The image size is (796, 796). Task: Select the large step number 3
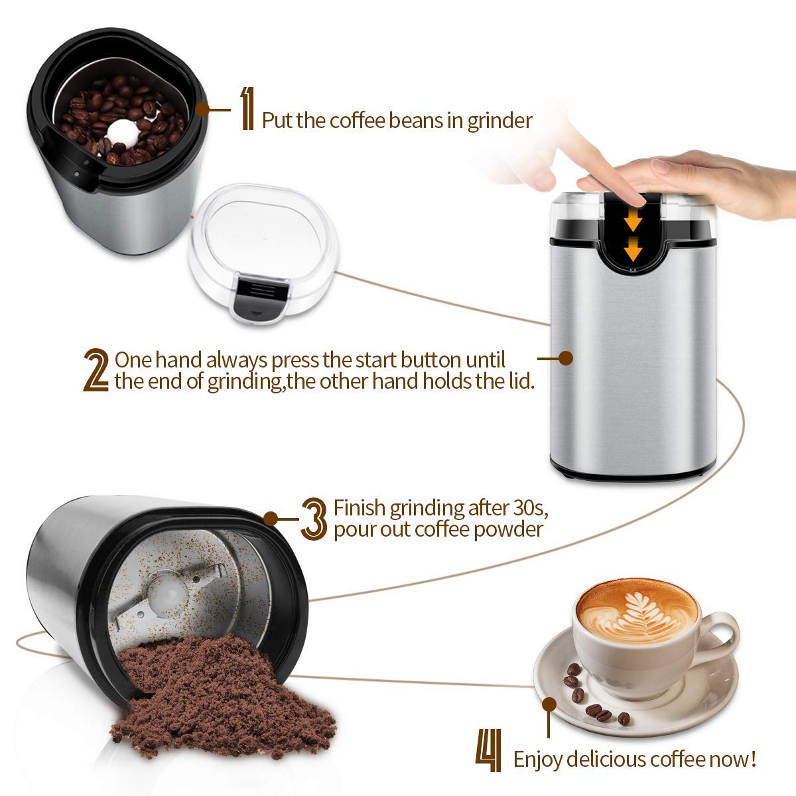point(314,519)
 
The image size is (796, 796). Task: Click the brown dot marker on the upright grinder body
point(565,358)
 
